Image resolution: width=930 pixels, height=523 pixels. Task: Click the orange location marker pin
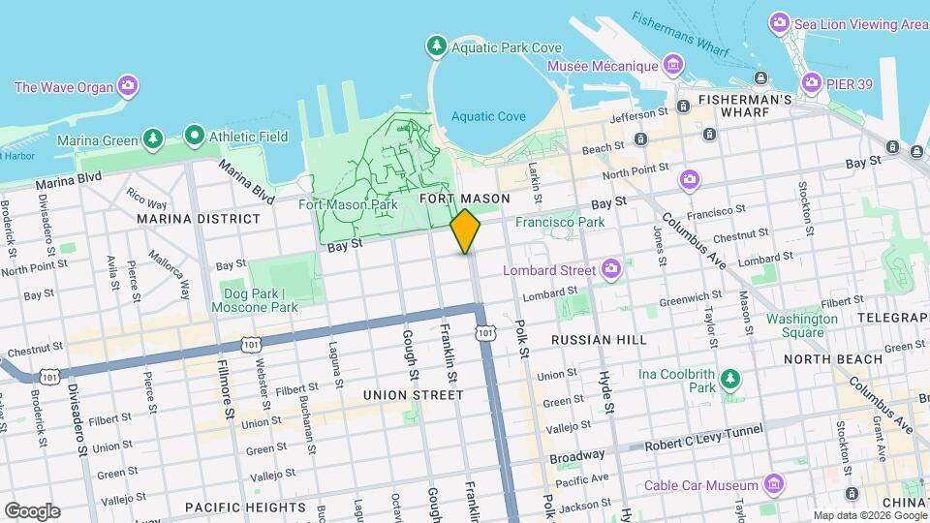[x=466, y=231]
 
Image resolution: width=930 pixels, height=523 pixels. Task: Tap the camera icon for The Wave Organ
[x=128, y=87]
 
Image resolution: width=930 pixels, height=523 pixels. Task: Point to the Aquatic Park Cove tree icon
[x=437, y=46]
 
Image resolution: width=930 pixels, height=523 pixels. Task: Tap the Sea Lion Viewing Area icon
[x=779, y=22]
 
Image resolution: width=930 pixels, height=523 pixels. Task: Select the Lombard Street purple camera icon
[x=611, y=269]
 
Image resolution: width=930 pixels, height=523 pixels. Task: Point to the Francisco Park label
[x=560, y=222]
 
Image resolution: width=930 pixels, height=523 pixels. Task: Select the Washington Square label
[x=801, y=325]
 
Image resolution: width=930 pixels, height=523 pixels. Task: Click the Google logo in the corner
[x=32, y=510]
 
